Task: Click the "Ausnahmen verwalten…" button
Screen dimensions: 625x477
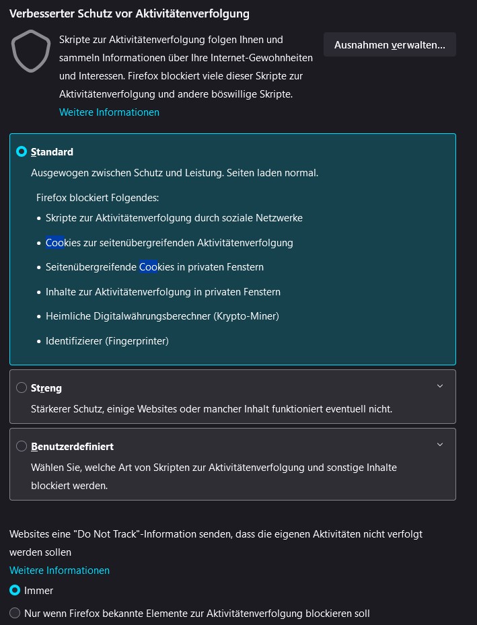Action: pyautogui.click(x=390, y=44)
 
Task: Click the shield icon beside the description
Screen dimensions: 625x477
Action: pyautogui.click(x=31, y=52)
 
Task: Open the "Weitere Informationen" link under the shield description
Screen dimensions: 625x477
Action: pyautogui.click(x=109, y=112)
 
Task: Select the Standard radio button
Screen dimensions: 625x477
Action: pyautogui.click(x=22, y=152)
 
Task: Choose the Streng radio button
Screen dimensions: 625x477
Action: pyautogui.click(x=22, y=388)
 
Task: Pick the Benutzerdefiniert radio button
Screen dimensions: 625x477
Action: pyautogui.click(x=22, y=446)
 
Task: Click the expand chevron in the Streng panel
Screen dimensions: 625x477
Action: pyautogui.click(x=440, y=386)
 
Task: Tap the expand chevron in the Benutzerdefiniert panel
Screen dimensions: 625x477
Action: pyautogui.click(x=440, y=445)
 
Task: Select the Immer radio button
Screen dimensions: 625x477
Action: pyautogui.click(x=15, y=591)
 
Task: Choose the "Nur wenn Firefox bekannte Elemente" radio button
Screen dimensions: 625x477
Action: pyautogui.click(x=15, y=613)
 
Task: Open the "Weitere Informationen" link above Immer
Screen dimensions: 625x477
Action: pyautogui.click(x=59, y=571)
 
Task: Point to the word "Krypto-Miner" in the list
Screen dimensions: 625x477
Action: pyautogui.click(x=246, y=316)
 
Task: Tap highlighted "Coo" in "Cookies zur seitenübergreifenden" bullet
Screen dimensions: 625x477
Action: pyautogui.click(x=54, y=242)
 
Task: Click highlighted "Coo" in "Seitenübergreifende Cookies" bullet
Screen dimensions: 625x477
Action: pyautogui.click(x=148, y=267)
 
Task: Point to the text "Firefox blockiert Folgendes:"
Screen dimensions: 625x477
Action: pyautogui.click(x=98, y=198)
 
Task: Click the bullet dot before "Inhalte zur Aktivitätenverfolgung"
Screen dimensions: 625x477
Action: pyautogui.click(x=38, y=293)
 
